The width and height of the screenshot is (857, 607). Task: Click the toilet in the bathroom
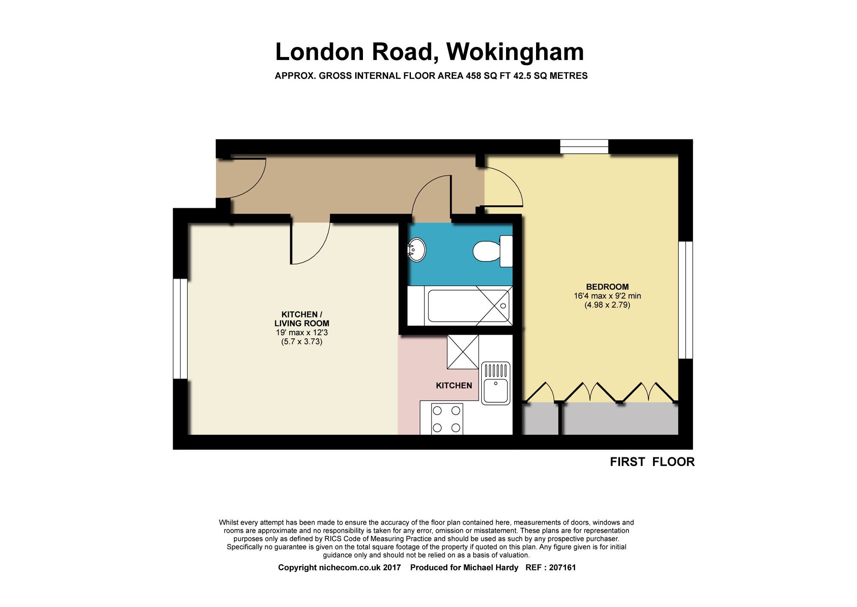[x=488, y=251]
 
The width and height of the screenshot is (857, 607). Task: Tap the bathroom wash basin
[x=416, y=250]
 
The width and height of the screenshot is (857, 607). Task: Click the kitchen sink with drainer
[x=496, y=383]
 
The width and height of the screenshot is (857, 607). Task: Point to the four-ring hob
[x=447, y=419]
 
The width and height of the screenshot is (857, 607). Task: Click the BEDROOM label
[x=607, y=287]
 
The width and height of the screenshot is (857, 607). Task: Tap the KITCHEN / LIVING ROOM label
[x=302, y=319]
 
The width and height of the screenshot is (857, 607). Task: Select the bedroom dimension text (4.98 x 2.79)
[x=607, y=305]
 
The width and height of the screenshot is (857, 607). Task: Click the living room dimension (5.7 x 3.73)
[x=302, y=342]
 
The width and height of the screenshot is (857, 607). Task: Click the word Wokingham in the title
[x=515, y=52]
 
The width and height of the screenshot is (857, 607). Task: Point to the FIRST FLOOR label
[x=652, y=462]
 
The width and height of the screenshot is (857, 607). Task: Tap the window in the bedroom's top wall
[x=584, y=147]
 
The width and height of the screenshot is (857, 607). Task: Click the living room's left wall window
[x=180, y=329]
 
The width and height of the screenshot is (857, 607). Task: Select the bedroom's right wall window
[x=686, y=300]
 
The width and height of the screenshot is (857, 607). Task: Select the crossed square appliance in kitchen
[x=463, y=352]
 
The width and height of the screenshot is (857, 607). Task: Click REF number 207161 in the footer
[x=562, y=568]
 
